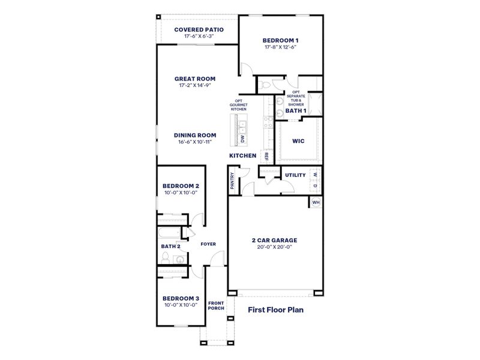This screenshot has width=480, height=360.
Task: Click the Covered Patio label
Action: [x=199, y=29]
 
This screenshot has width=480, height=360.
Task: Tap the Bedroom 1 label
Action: [x=280, y=41]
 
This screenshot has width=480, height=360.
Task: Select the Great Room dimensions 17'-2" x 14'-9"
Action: [x=195, y=86]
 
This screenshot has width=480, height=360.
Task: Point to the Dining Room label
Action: [x=195, y=135]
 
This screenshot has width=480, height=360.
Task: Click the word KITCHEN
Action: [x=243, y=156]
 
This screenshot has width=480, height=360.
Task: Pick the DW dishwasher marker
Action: [x=243, y=139]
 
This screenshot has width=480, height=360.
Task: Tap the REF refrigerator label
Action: [x=266, y=156]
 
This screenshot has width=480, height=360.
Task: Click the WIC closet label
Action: [x=298, y=142]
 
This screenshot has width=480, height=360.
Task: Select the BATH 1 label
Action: [x=296, y=111]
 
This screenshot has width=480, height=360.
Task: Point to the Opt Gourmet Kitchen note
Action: [x=238, y=105]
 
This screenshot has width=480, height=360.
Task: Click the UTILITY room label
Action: [x=295, y=175]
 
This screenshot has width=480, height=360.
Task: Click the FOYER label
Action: [x=208, y=244]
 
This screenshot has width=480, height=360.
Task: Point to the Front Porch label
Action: [x=216, y=305]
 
